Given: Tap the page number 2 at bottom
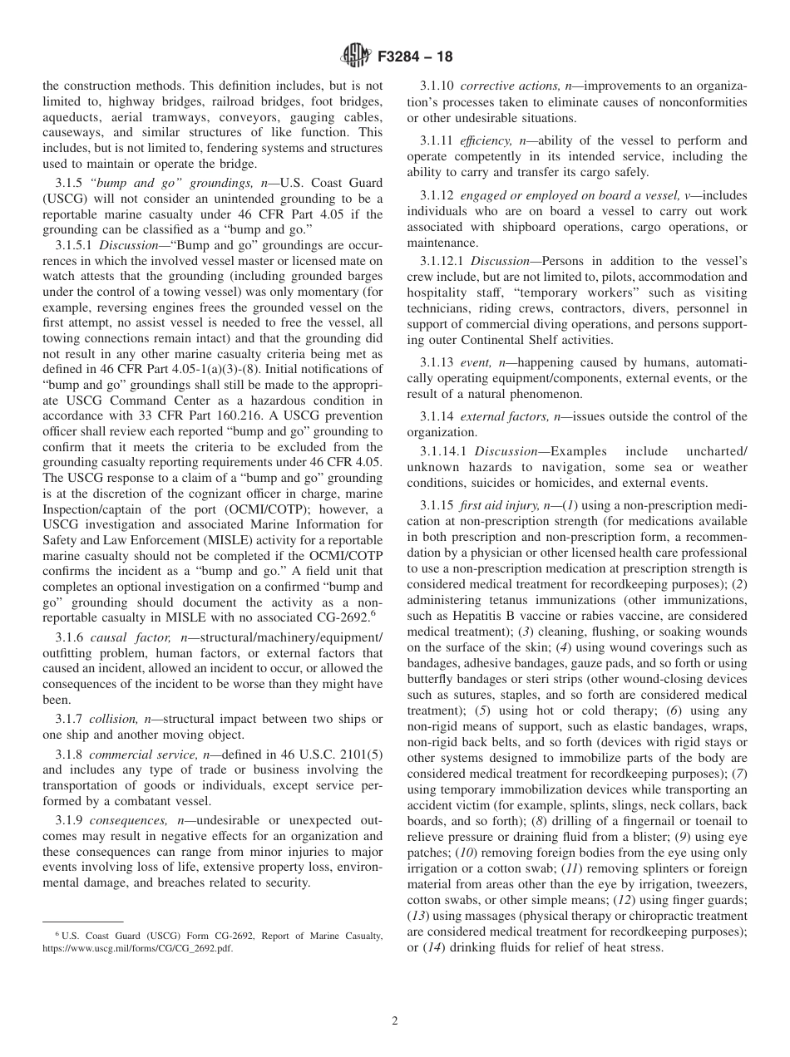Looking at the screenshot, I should click(x=395, y=1021).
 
